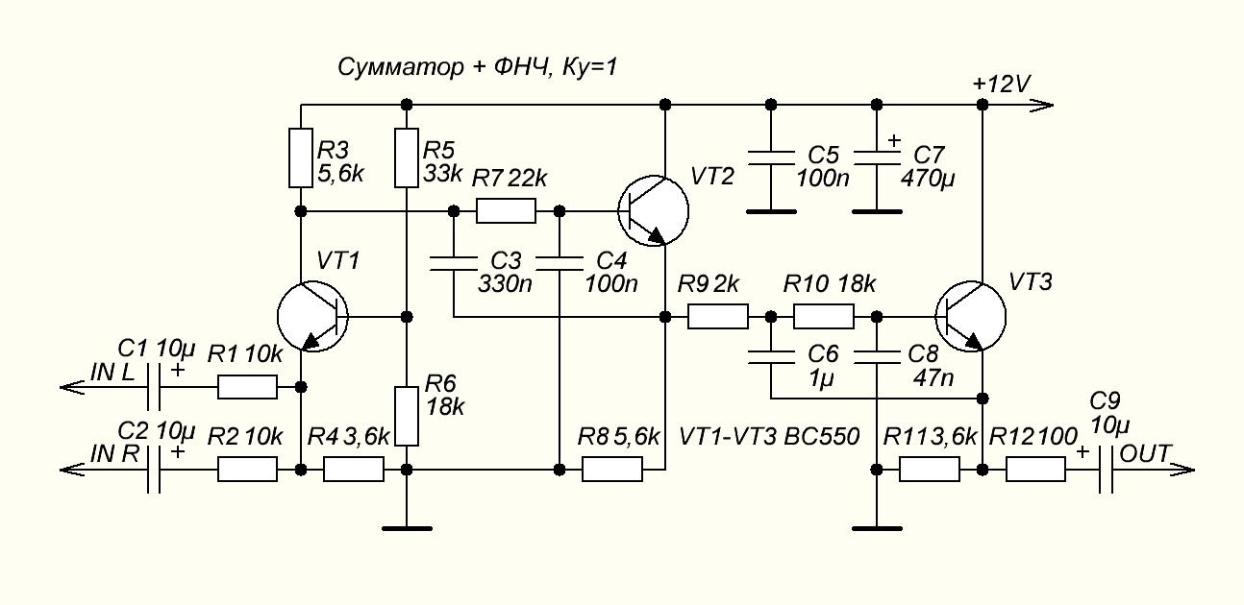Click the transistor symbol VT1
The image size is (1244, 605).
(x=312, y=317)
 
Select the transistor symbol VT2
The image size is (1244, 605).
(x=654, y=210)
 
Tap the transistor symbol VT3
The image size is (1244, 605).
(x=971, y=317)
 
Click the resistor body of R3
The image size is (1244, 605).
(x=301, y=158)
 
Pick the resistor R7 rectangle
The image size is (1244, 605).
(x=506, y=210)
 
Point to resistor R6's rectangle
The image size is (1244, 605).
(x=407, y=417)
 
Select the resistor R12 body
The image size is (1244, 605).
(x=1035, y=470)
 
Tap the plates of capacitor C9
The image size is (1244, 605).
(x=1107, y=470)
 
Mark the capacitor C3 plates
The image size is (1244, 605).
(x=454, y=263)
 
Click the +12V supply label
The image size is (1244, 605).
(x=1002, y=85)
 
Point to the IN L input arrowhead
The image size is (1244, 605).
(x=72, y=386)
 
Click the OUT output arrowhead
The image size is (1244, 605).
(x=1182, y=470)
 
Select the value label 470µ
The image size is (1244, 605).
(x=928, y=179)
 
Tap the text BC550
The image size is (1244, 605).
(x=822, y=437)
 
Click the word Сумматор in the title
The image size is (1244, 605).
(x=401, y=67)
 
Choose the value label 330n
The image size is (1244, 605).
(x=505, y=284)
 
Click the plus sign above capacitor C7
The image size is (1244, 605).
(x=893, y=140)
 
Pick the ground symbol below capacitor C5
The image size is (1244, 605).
(x=771, y=211)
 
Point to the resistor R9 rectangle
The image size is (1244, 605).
(x=718, y=317)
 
